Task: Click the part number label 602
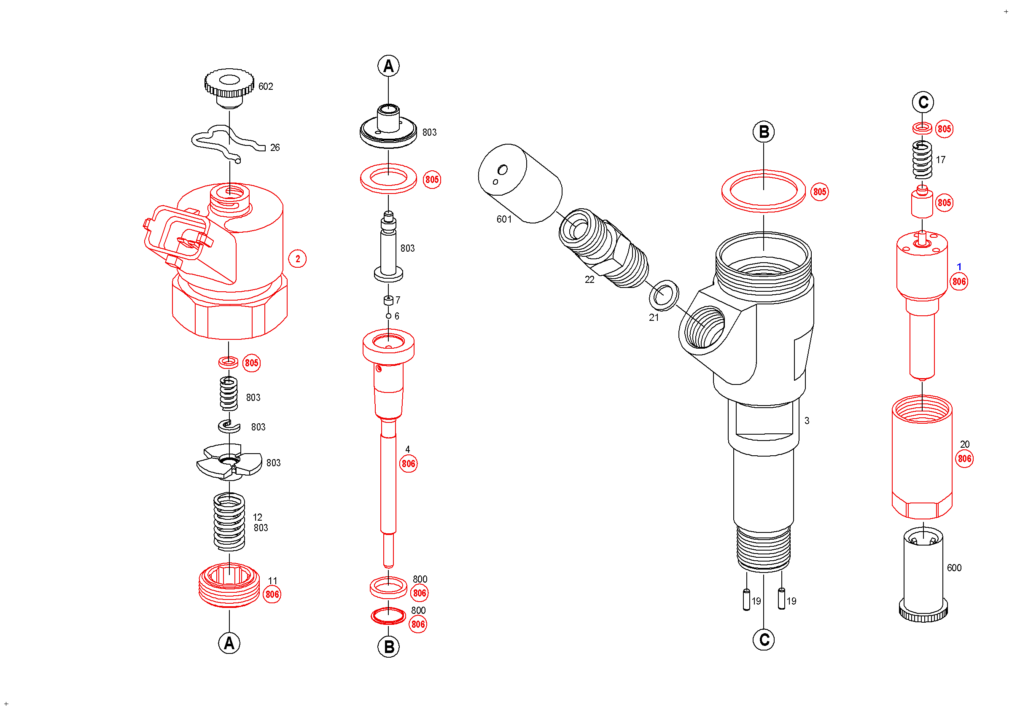pyautogui.click(x=265, y=86)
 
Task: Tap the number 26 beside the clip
pyautogui.click(x=275, y=148)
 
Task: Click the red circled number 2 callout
pyautogui.click(x=298, y=259)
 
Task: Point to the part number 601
pyautogui.click(x=504, y=219)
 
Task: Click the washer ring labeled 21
pyautogui.click(x=664, y=295)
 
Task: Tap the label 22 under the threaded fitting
pyautogui.click(x=589, y=280)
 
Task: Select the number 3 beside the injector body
pyautogui.click(x=807, y=421)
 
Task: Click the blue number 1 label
pyautogui.click(x=959, y=266)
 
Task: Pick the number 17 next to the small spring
pyautogui.click(x=941, y=160)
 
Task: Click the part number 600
pyautogui.click(x=954, y=568)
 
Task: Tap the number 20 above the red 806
pyautogui.click(x=965, y=444)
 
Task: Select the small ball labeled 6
pyautogui.click(x=388, y=316)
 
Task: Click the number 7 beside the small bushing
pyautogui.click(x=398, y=301)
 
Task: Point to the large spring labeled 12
pyautogui.click(x=229, y=522)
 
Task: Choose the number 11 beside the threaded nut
pyautogui.click(x=273, y=581)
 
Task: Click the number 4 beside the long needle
pyautogui.click(x=408, y=449)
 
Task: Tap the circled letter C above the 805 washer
pyautogui.click(x=923, y=102)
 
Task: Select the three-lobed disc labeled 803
pyautogui.click(x=229, y=462)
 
